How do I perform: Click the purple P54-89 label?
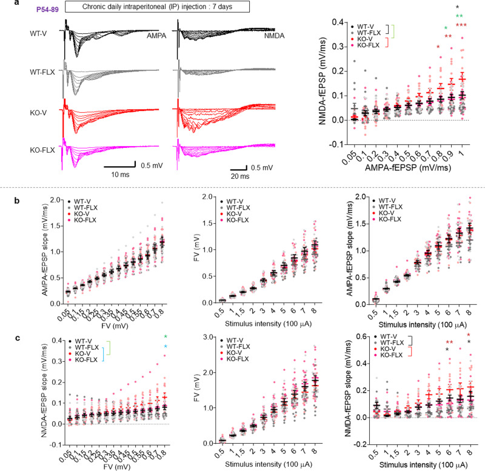click(35, 9)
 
